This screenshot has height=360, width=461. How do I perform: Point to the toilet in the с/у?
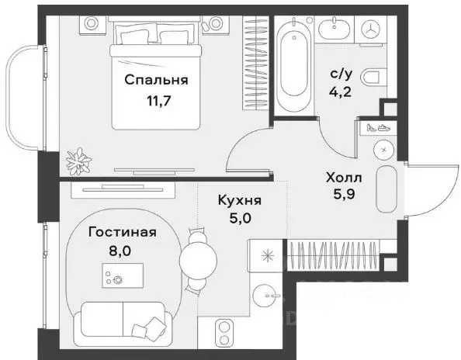coord(374,77)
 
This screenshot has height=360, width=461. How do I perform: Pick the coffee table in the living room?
coord(123,275)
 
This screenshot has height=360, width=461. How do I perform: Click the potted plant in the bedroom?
coord(78,161)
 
